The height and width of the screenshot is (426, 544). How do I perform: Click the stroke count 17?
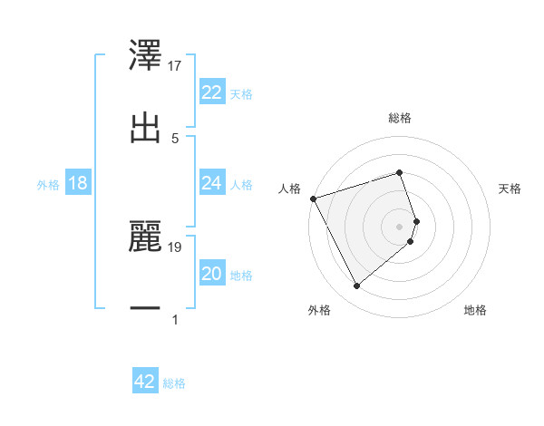tap(176, 66)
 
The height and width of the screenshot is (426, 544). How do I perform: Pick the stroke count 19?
tap(176, 247)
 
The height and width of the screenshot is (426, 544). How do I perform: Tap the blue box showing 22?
tap(212, 92)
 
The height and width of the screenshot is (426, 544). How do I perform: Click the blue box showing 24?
tap(212, 183)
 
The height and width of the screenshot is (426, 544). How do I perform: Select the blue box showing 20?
tap(212, 274)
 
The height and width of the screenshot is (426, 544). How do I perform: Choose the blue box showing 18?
tap(78, 183)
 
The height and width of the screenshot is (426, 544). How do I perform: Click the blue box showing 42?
tap(145, 382)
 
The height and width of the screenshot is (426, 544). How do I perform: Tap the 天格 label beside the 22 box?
tap(241, 94)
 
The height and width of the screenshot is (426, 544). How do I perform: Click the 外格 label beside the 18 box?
tap(48, 184)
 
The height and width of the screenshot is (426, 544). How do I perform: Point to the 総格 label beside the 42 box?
tap(174, 383)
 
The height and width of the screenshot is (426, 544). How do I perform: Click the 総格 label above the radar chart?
tap(400, 118)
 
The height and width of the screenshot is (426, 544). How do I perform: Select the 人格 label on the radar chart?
tap(289, 189)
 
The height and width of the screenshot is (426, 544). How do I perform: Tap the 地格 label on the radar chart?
tap(475, 311)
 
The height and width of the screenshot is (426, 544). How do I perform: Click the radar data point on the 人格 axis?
tap(313, 198)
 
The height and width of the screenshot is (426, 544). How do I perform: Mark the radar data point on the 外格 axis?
tap(356, 286)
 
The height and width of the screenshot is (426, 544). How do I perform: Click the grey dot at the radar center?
tap(400, 226)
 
